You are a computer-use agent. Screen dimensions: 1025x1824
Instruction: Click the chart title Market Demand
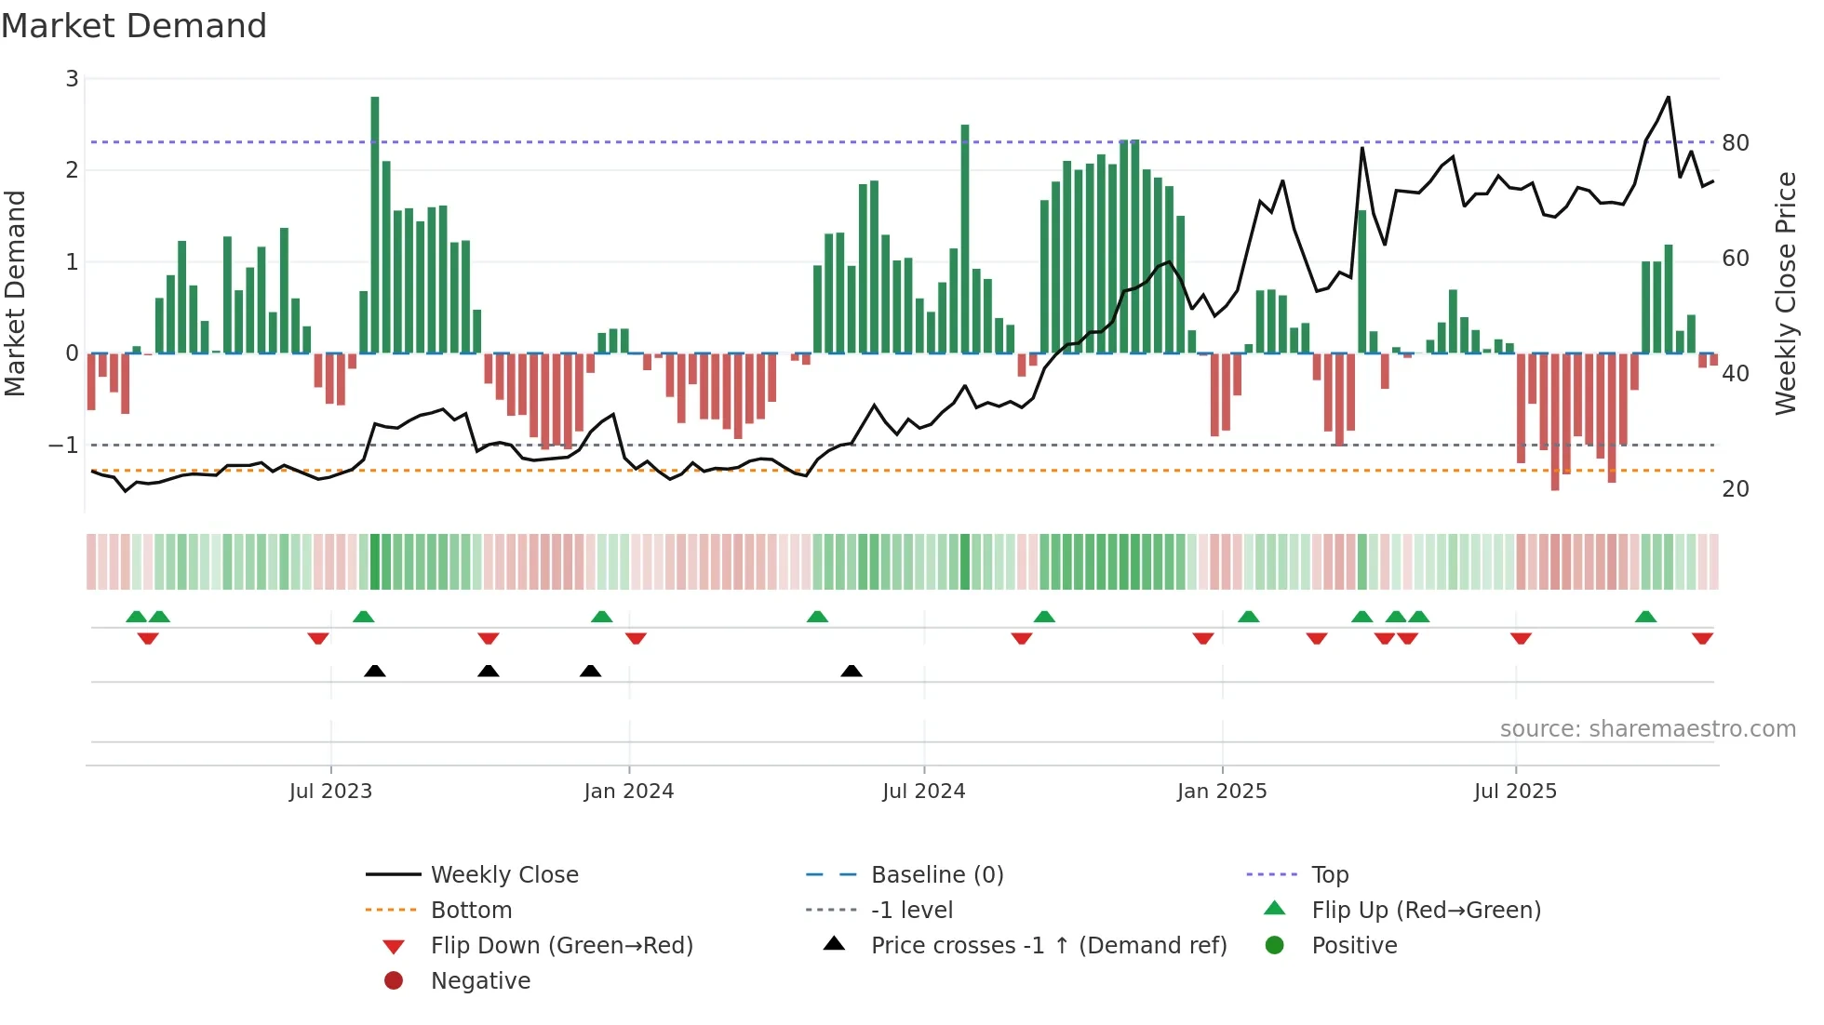(134, 26)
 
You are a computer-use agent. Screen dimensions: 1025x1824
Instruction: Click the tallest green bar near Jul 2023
(375, 223)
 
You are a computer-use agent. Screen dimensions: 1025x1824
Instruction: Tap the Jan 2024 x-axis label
(628, 792)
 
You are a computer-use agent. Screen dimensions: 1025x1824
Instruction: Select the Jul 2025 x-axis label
(1515, 792)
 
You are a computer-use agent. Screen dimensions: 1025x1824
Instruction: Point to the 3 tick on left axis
(72, 79)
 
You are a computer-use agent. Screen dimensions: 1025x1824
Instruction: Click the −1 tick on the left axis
(64, 446)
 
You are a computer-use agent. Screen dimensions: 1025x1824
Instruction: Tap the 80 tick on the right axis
(1736, 143)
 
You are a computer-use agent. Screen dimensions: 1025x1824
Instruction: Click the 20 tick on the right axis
(1736, 489)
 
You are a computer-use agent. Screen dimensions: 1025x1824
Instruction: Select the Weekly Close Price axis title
(1785, 293)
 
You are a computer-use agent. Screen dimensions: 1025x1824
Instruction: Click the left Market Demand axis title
(15, 293)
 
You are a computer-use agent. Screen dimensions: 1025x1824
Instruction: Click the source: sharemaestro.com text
(1647, 729)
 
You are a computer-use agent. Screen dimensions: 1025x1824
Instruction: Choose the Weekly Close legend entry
(504, 875)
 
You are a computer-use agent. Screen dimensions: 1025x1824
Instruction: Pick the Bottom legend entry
(471, 911)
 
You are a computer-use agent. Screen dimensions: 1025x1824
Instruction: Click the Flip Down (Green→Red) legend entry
(561, 946)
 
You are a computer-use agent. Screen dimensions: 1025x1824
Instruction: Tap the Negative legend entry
(480, 981)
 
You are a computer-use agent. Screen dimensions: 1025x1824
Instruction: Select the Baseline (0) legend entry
(937, 875)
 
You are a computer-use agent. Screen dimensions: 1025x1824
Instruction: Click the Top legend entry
(1330, 875)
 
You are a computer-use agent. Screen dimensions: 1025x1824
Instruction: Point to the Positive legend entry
(1354, 946)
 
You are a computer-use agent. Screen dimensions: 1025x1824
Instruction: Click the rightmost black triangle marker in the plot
(852, 671)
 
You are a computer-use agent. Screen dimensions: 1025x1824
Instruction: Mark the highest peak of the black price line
(1668, 97)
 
